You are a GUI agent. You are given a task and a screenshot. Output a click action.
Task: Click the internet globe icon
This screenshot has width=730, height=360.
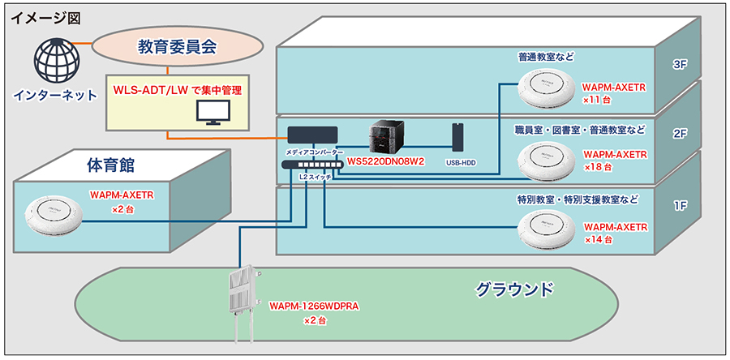[55, 61]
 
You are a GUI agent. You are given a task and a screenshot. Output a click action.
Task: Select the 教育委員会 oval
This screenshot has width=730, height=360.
[178, 46]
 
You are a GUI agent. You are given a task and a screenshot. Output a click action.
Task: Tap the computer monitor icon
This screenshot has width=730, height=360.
[213, 114]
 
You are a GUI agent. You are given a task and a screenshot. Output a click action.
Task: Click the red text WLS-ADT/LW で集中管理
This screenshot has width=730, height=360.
[178, 90]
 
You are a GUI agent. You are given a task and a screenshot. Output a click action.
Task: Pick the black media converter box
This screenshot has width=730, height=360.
[312, 135]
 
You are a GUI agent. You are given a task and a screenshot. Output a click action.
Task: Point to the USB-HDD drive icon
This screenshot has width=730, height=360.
[457, 137]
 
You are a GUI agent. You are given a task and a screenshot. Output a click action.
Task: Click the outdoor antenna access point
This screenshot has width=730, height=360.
[244, 304]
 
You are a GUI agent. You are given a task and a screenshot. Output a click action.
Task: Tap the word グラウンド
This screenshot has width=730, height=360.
[514, 289]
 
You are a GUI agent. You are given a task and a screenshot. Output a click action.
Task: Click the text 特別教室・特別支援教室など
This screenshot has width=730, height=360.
[578, 200]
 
